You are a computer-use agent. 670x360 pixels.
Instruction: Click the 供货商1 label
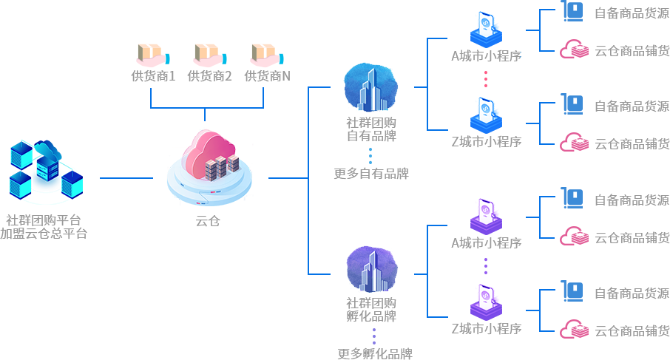point(153,76)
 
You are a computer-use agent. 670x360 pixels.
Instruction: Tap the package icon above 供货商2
point(210,55)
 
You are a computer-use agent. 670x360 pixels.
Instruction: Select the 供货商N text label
point(267,76)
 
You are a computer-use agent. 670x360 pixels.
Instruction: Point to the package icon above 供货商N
point(267,55)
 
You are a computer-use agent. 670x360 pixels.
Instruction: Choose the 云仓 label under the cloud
point(208,221)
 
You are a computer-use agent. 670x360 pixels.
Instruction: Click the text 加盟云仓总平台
point(44,234)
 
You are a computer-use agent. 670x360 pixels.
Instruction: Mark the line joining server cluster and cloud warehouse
point(126,178)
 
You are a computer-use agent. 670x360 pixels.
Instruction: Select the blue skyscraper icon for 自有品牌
point(371,87)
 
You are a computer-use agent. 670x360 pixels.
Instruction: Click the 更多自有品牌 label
point(371,174)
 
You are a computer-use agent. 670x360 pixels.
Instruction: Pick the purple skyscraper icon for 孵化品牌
point(372,269)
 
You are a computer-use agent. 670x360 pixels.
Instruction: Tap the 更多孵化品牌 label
point(375,353)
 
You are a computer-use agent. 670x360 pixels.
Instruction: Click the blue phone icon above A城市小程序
point(487,30)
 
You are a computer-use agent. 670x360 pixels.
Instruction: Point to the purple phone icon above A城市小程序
point(487,217)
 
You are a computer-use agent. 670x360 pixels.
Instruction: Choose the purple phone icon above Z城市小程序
point(487,303)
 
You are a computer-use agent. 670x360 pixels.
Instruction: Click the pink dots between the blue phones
point(486,79)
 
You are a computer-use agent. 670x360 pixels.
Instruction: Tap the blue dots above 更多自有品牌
point(370,156)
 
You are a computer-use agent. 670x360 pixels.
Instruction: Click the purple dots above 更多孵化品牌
point(374,336)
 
